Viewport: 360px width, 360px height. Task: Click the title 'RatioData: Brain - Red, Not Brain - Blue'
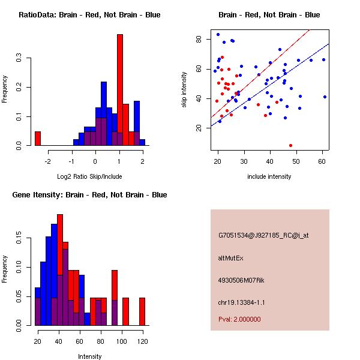(89, 15)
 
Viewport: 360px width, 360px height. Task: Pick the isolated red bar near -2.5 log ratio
(38, 139)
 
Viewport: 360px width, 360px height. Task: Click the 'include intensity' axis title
(269, 177)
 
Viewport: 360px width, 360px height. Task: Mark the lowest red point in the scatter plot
(291, 145)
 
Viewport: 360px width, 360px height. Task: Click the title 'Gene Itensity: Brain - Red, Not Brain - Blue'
(89, 195)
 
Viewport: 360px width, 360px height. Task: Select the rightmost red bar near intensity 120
(142, 311)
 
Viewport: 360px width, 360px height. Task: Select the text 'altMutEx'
(231, 258)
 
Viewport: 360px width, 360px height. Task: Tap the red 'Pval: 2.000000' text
(239, 319)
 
